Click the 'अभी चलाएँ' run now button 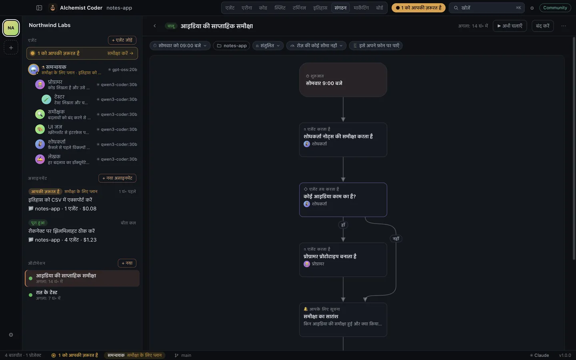(x=510, y=26)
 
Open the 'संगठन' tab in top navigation (x=340, y=8)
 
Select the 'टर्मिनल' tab (x=299, y=8)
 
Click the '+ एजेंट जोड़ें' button (x=122, y=40)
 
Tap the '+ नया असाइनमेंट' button (x=117, y=178)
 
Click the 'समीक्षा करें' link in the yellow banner (x=120, y=53)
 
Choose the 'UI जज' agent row (x=86, y=129)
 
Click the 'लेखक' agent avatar (x=40, y=160)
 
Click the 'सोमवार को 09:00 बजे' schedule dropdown (x=180, y=46)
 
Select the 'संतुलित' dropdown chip (x=268, y=46)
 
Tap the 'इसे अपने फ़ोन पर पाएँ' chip (x=376, y=46)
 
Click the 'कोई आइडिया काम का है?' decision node (x=343, y=200)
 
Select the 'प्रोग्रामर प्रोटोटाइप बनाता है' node (x=343, y=260)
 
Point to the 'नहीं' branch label (x=396, y=239)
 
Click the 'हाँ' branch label (x=343, y=225)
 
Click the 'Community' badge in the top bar (x=555, y=8)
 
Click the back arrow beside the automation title (x=154, y=26)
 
